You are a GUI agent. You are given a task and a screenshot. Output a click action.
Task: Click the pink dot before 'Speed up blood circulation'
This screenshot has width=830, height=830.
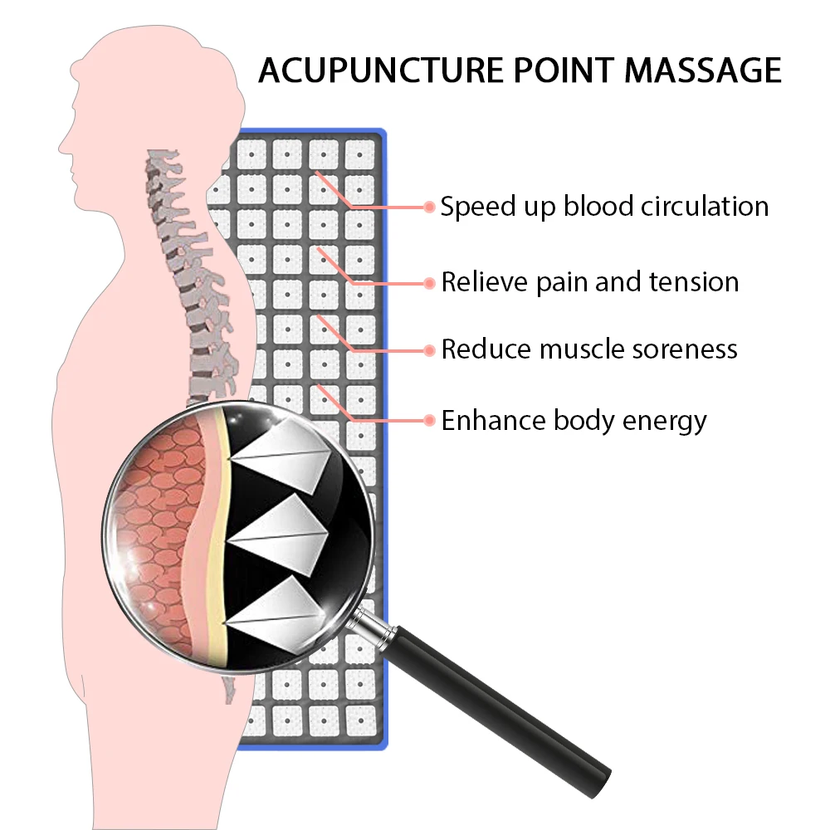tap(429, 207)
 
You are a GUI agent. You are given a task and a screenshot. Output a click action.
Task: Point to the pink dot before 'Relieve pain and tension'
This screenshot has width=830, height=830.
tap(429, 283)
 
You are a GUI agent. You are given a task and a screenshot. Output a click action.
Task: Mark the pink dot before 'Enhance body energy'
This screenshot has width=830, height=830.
tap(429, 421)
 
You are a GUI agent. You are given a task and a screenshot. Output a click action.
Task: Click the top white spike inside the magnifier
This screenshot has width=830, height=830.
tap(286, 455)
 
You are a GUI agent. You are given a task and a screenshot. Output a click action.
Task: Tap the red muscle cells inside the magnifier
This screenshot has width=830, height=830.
tap(158, 531)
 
